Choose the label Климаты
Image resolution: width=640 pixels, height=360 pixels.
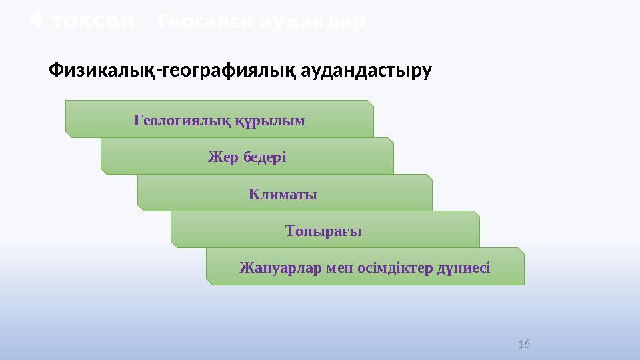(x=283, y=195)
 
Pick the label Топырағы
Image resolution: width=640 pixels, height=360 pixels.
(x=323, y=231)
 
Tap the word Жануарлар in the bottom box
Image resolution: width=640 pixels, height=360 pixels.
(x=279, y=268)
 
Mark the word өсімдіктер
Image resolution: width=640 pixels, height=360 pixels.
(x=390, y=268)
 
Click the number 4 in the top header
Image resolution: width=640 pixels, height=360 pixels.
(x=37, y=22)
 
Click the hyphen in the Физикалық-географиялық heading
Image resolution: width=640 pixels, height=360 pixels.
(x=160, y=71)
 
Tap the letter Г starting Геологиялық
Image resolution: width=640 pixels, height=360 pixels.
(x=138, y=121)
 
